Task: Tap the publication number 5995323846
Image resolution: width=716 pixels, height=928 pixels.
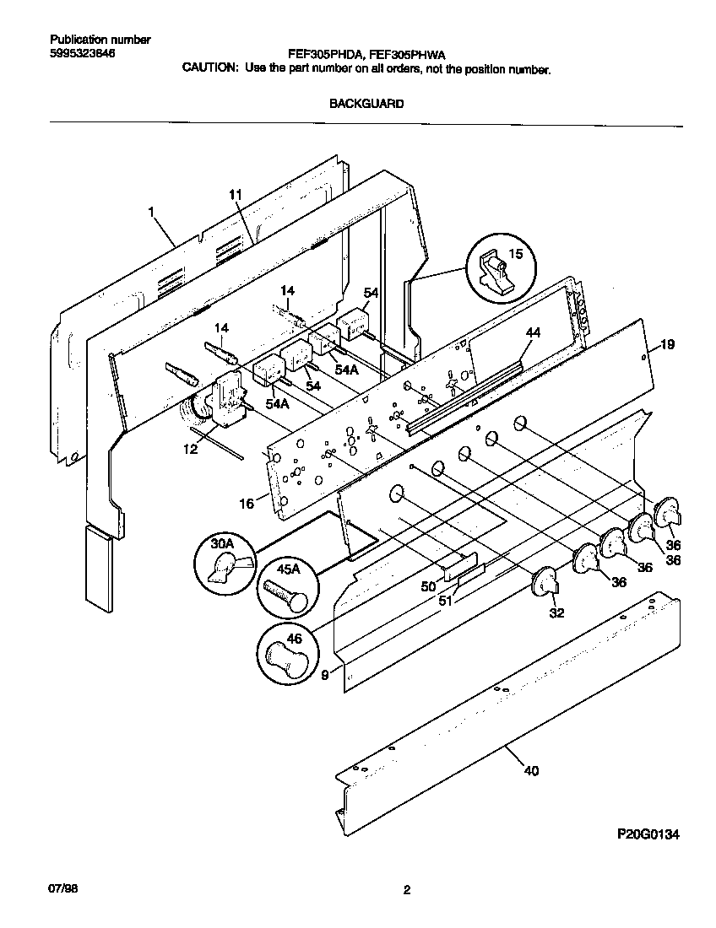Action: tap(82, 53)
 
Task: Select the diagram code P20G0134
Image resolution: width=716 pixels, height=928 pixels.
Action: tap(648, 834)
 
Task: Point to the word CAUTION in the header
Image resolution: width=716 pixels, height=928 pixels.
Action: tap(210, 70)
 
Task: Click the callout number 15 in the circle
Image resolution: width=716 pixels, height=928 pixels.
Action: tap(515, 254)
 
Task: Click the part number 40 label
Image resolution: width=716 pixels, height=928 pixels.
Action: tap(530, 770)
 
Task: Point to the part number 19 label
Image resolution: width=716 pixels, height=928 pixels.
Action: tap(667, 344)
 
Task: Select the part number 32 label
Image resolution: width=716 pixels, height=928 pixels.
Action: tap(556, 613)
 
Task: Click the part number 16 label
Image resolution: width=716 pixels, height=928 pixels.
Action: tap(246, 504)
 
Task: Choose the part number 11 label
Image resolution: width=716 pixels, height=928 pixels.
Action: tap(235, 195)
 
